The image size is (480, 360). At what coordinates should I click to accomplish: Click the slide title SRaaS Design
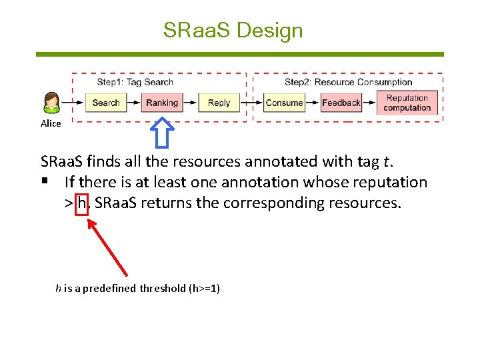tap(233, 30)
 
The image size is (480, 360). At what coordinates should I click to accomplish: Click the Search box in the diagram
tap(105, 103)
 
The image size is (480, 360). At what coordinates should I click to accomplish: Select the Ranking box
tap(162, 103)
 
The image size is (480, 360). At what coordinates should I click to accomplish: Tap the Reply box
tap(219, 103)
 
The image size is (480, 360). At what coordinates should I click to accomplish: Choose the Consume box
tap(284, 103)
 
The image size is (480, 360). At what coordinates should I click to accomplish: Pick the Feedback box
tap(341, 103)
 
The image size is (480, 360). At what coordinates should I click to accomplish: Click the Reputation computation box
tap(407, 103)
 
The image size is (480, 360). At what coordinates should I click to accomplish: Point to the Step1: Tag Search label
tap(135, 82)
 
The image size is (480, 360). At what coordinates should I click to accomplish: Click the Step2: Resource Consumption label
tap(348, 82)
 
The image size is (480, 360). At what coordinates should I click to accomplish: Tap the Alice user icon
tap(51, 103)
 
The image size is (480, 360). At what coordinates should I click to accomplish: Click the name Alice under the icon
tap(51, 123)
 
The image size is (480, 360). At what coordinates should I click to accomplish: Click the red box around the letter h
tap(83, 203)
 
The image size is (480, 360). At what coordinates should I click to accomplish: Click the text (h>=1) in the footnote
tap(205, 288)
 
